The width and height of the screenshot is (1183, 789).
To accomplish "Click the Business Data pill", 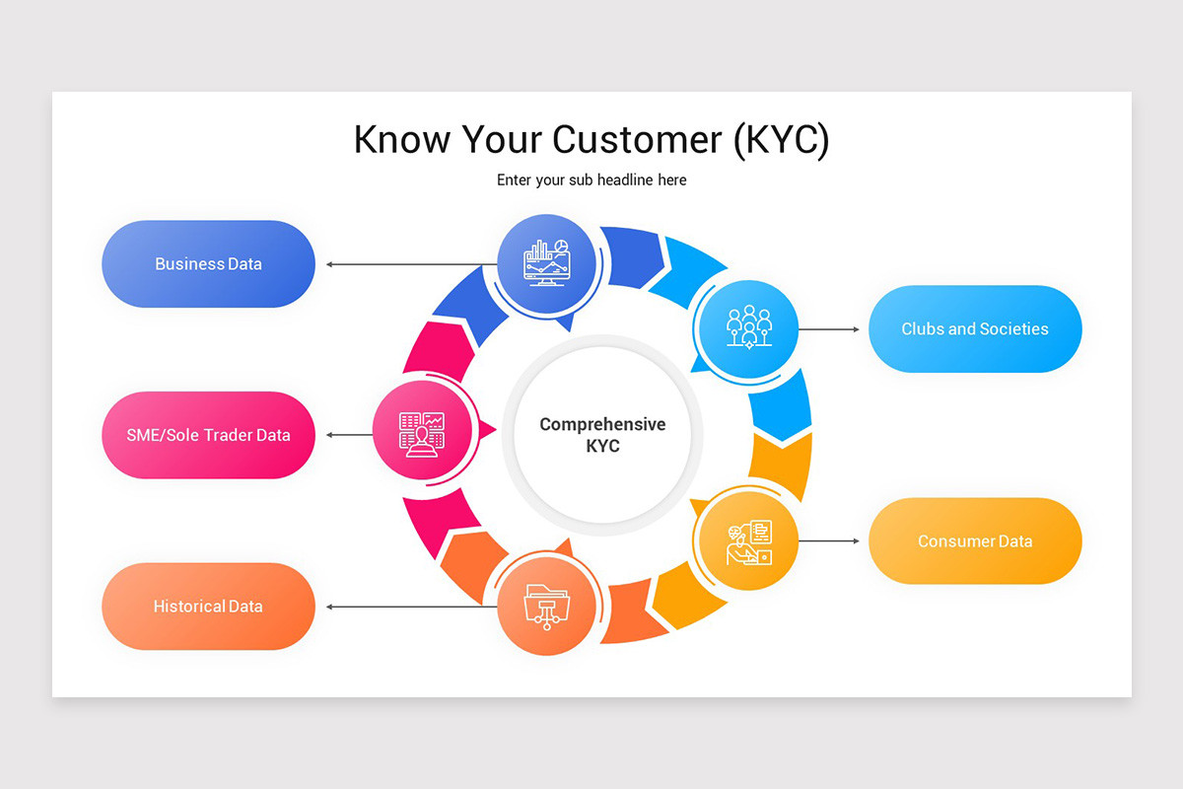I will pyautogui.click(x=208, y=263).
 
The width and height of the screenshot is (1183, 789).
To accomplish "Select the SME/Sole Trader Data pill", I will pyautogui.click(x=208, y=435).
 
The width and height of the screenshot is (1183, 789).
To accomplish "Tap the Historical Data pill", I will pyautogui.click(x=208, y=607).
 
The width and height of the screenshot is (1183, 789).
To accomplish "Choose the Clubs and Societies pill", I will pyautogui.click(x=975, y=328).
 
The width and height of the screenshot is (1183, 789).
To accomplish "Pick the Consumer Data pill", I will pyautogui.click(x=975, y=541).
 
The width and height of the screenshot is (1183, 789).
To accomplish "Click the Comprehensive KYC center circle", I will pyautogui.click(x=602, y=435).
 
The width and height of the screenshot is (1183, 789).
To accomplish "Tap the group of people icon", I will pyautogui.click(x=748, y=326).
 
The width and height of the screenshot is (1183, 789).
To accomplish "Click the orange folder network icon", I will pyautogui.click(x=545, y=606).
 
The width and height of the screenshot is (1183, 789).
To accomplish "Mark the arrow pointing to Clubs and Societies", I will pyautogui.click(x=829, y=328).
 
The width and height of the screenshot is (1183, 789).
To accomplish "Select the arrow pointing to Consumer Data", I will pyautogui.click(x=829, y=541).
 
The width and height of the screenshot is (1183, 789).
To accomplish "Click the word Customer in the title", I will pyautogui.click(x=638, y=139).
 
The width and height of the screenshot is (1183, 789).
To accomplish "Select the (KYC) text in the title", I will pyautogui.click(x=782, y=139).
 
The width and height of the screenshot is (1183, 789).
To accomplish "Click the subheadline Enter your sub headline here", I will pyautogui.click(x=591, y=180).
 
